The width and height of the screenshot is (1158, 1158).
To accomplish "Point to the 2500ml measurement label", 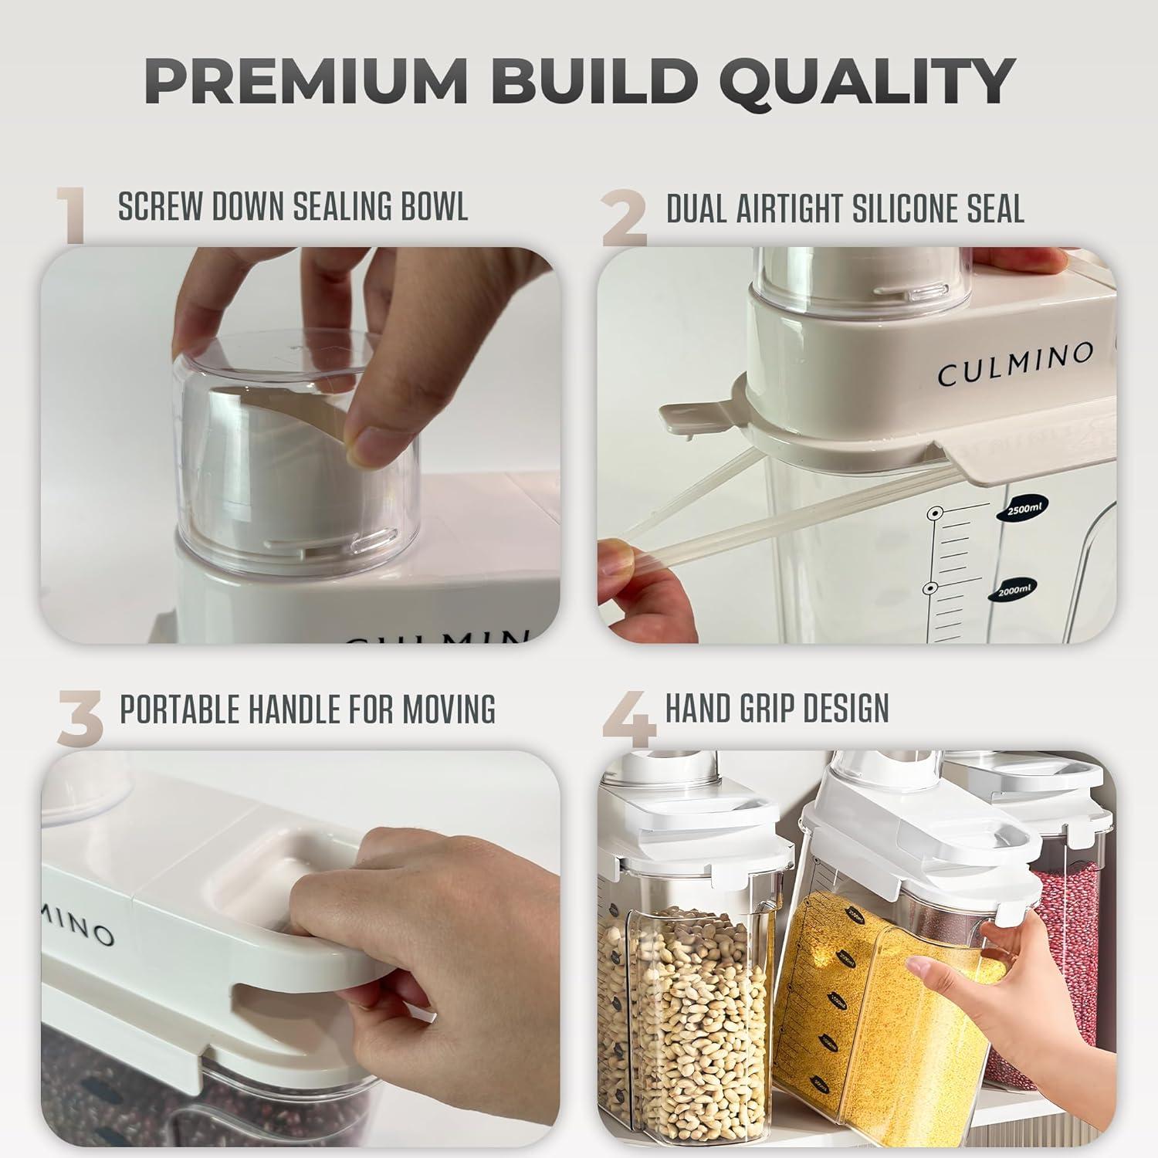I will tap(1023, 510).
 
